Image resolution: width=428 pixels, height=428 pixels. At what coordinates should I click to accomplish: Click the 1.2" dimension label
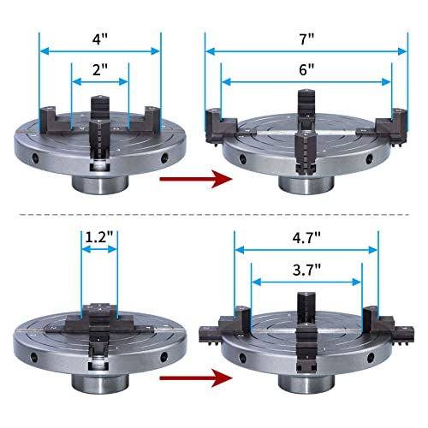coord(99,235)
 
